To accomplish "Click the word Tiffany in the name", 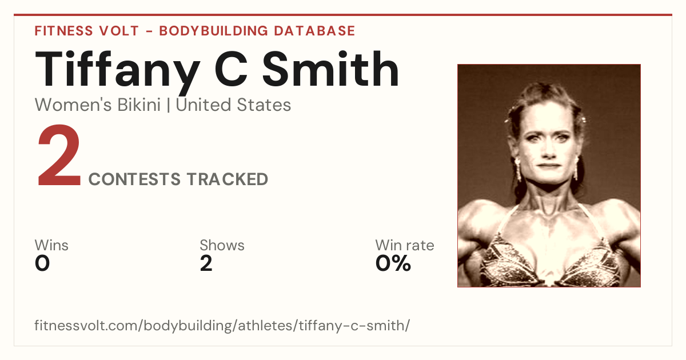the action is coord(118,71).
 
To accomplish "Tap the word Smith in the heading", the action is coord(331,69).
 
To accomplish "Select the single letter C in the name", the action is coord(231,69).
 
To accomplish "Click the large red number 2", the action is coord(59,155).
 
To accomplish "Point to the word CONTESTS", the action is coord(134,179).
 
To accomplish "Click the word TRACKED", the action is coord(228,179).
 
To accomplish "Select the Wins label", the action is coord(51,245).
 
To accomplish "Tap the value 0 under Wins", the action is coord(42,263).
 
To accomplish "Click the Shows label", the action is coord(222,245).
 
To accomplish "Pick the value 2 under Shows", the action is coord(206,263).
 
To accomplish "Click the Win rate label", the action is coord(405,245).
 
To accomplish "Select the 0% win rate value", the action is coord(393,263).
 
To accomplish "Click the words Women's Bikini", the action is coord(98,105).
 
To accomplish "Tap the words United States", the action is coord(233,105).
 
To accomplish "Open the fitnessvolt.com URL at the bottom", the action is coord(222,325).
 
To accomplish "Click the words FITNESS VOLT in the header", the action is coord(87,31).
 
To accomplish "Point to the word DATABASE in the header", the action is coord(314,31).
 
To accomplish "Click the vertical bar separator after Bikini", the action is coord(168,105).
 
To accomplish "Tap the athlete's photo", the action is coord(549,176).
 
